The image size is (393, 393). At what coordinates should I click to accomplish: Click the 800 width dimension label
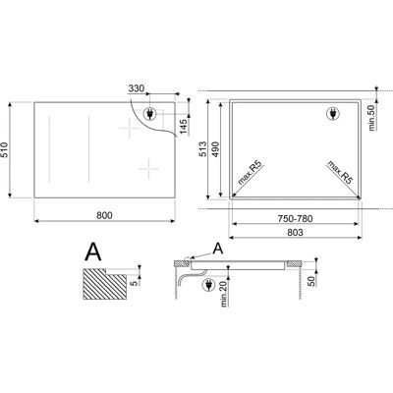click(x=104, y=215)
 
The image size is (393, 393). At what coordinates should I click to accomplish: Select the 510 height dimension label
click(x=4, y=150)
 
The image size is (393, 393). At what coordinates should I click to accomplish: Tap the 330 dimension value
click(x=137, y=88)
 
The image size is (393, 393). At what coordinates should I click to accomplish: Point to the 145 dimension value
click(x=184, y=127)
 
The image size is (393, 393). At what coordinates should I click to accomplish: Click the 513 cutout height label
click(x=203, y=149)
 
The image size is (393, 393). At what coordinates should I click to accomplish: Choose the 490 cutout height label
click(x=215, y=149)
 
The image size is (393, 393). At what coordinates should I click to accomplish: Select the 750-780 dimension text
click(x=295, y=218)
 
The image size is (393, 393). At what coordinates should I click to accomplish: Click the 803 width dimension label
click(x=295, y=232)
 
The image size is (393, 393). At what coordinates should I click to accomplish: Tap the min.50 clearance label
click(x=371, y=116)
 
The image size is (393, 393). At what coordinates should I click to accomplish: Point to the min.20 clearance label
click(x=224, y=294)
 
